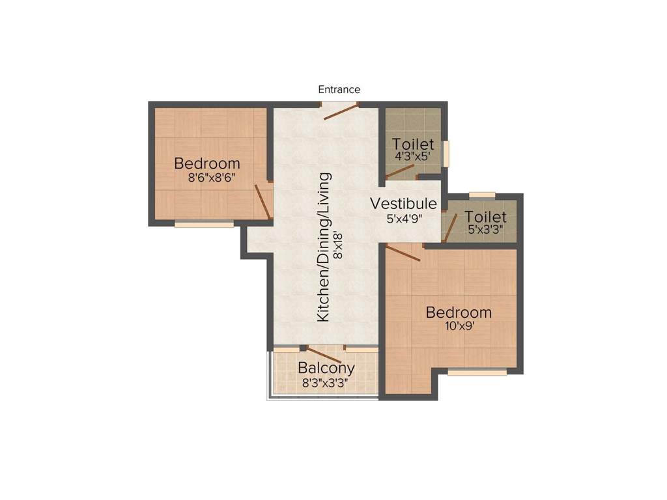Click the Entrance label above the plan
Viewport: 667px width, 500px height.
[x=339, y=89]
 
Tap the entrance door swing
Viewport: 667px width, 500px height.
[x=341, y=112]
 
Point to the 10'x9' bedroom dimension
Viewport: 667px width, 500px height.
[x=459, y=326]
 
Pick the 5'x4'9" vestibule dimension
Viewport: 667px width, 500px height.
[x=404, y=219]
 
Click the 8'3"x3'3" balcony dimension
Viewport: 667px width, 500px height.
[x=325, y=383]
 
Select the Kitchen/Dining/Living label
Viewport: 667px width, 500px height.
[x=323, y=247]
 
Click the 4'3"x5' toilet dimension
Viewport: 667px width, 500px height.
[x=413, y=156]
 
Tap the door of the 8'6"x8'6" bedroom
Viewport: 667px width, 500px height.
[x=263, y=202]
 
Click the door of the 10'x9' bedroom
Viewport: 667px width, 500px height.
[x=403, y=253]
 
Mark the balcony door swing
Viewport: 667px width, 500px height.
[x=324, y=355]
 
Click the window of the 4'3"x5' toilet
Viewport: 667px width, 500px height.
[x=446, y=154]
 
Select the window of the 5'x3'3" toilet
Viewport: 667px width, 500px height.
[x=483, y=195]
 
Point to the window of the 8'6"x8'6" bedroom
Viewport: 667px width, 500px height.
[x=205, y=225]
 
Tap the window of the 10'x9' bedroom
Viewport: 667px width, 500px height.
[x=477, y=373]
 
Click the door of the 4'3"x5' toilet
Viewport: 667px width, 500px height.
[x=399, y=173]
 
